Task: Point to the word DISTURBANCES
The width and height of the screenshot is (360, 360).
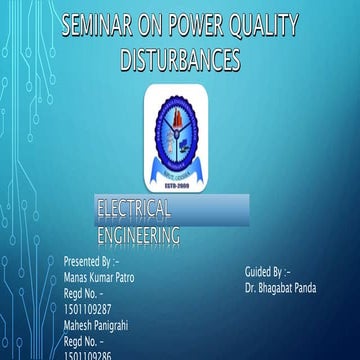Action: [x=180, y=61]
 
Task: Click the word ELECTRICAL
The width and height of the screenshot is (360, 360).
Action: [x=134, y=208]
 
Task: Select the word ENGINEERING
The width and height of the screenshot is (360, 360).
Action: [x=139, y=236]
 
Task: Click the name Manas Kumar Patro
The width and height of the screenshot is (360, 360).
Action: [x=98, y=277]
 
